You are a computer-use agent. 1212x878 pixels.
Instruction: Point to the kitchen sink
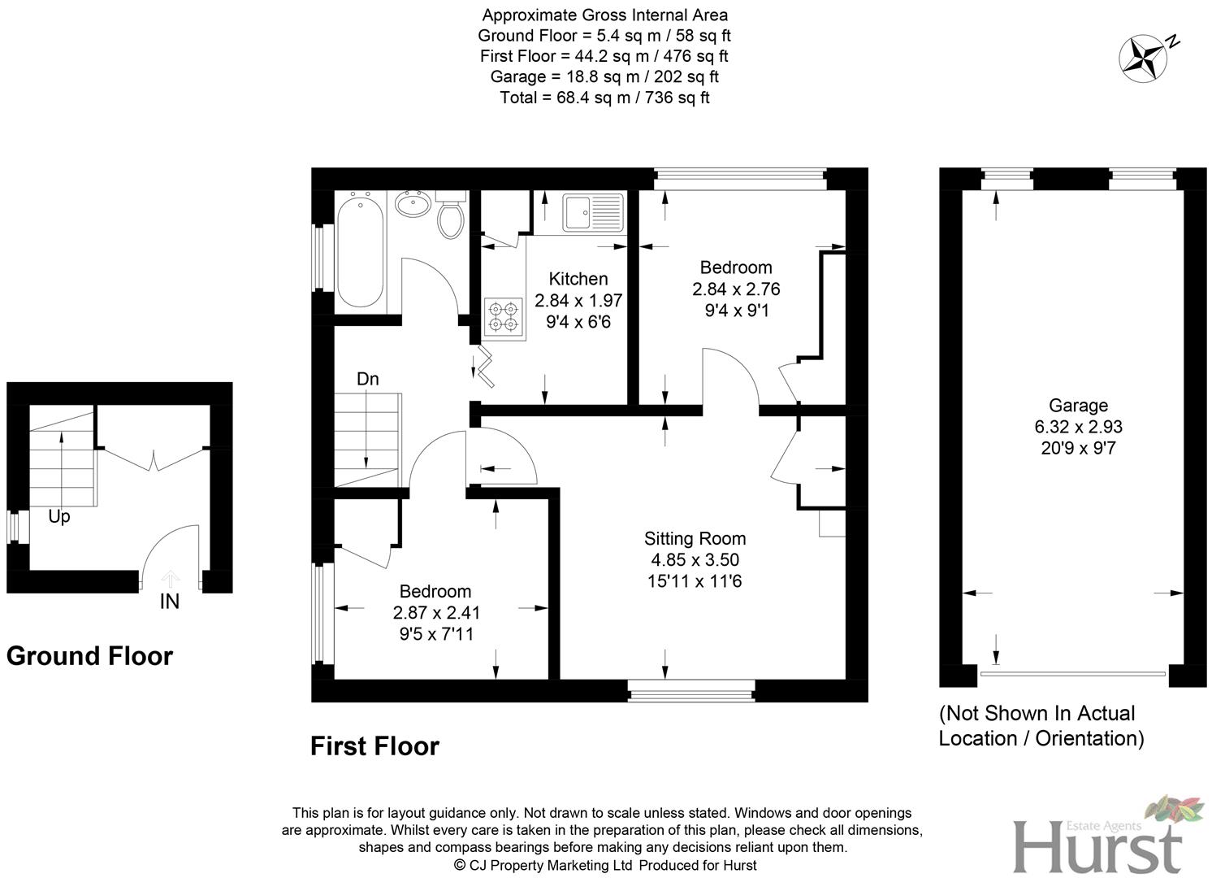pos(592,212)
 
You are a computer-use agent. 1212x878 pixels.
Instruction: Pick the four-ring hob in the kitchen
pos(502,318)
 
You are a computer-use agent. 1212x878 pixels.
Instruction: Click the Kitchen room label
pos(578,279)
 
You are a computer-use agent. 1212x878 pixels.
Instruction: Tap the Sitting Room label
pos(695,538)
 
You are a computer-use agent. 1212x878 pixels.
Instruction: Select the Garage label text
pos(1078,406)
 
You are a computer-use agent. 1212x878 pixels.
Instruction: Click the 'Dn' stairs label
pos(368,379)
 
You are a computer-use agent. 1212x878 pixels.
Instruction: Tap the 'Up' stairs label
pos(59,516)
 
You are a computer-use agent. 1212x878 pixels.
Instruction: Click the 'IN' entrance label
pos(170,602)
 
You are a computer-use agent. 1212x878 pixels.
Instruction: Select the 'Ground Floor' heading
pos(89,656)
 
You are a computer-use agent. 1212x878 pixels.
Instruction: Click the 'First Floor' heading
pos(374,746)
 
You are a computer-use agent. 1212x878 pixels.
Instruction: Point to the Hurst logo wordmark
pos(1097,845)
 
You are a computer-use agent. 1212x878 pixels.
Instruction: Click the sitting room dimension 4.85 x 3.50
pos(695,560)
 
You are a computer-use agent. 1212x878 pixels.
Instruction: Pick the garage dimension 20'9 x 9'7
pos(1078,448)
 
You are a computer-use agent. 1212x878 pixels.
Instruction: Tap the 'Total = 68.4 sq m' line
pos(604,98)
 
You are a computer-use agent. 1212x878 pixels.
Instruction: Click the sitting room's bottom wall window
pos(692,692)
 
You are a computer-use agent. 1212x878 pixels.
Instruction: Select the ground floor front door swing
pos(171,553)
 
